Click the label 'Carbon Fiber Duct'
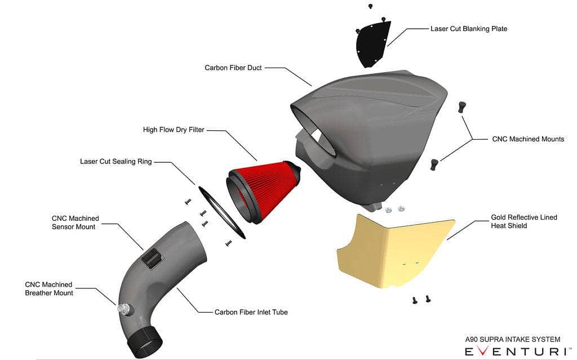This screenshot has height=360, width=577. coord(232,68)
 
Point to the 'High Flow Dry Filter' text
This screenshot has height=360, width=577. coord(174,130)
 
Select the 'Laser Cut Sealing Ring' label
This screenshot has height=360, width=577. coord(116,162)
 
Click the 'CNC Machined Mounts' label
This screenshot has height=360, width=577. coord(528,139)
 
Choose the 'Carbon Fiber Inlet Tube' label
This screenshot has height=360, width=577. coord(251,312)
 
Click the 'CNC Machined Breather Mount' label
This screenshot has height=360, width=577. coord(49,288)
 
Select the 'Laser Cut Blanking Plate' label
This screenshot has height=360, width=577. coord(469,28)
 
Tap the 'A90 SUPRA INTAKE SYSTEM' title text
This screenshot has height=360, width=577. coord(512,339)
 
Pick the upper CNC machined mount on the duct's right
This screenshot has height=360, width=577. coord(462,106)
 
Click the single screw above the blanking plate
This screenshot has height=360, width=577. coord(370,6)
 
